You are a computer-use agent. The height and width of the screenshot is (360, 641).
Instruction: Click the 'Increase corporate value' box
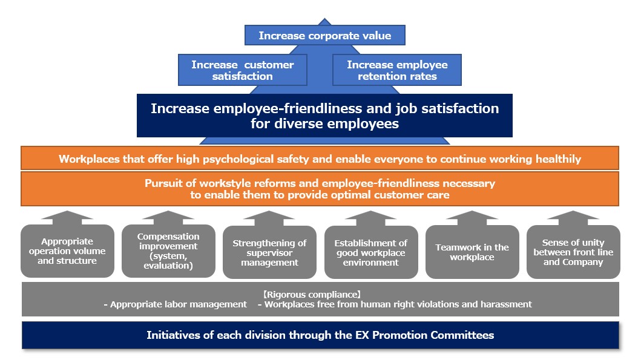point(324,35)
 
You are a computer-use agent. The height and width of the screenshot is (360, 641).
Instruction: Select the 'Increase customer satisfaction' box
point(243,70)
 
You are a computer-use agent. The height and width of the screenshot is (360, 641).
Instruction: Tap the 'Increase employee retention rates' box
point(397,70)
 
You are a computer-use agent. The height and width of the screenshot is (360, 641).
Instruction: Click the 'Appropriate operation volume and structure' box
point(67,251)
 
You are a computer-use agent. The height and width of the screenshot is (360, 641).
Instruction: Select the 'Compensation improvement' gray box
point(168,251)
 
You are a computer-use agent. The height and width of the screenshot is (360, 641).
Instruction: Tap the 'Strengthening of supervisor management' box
point(269,252)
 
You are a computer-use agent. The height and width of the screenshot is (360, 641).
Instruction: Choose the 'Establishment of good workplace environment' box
point(371,252)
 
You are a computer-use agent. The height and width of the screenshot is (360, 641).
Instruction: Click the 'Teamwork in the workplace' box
point(472,252)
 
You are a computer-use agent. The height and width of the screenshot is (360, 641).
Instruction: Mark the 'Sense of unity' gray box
point(573,252)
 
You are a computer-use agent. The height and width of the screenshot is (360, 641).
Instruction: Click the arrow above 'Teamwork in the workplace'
point(472,218)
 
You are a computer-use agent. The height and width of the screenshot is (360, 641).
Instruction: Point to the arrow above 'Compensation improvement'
point(168,217)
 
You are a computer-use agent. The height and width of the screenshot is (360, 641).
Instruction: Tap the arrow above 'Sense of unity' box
point(573,218)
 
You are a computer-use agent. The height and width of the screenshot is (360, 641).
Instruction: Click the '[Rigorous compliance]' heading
point(312,294)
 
